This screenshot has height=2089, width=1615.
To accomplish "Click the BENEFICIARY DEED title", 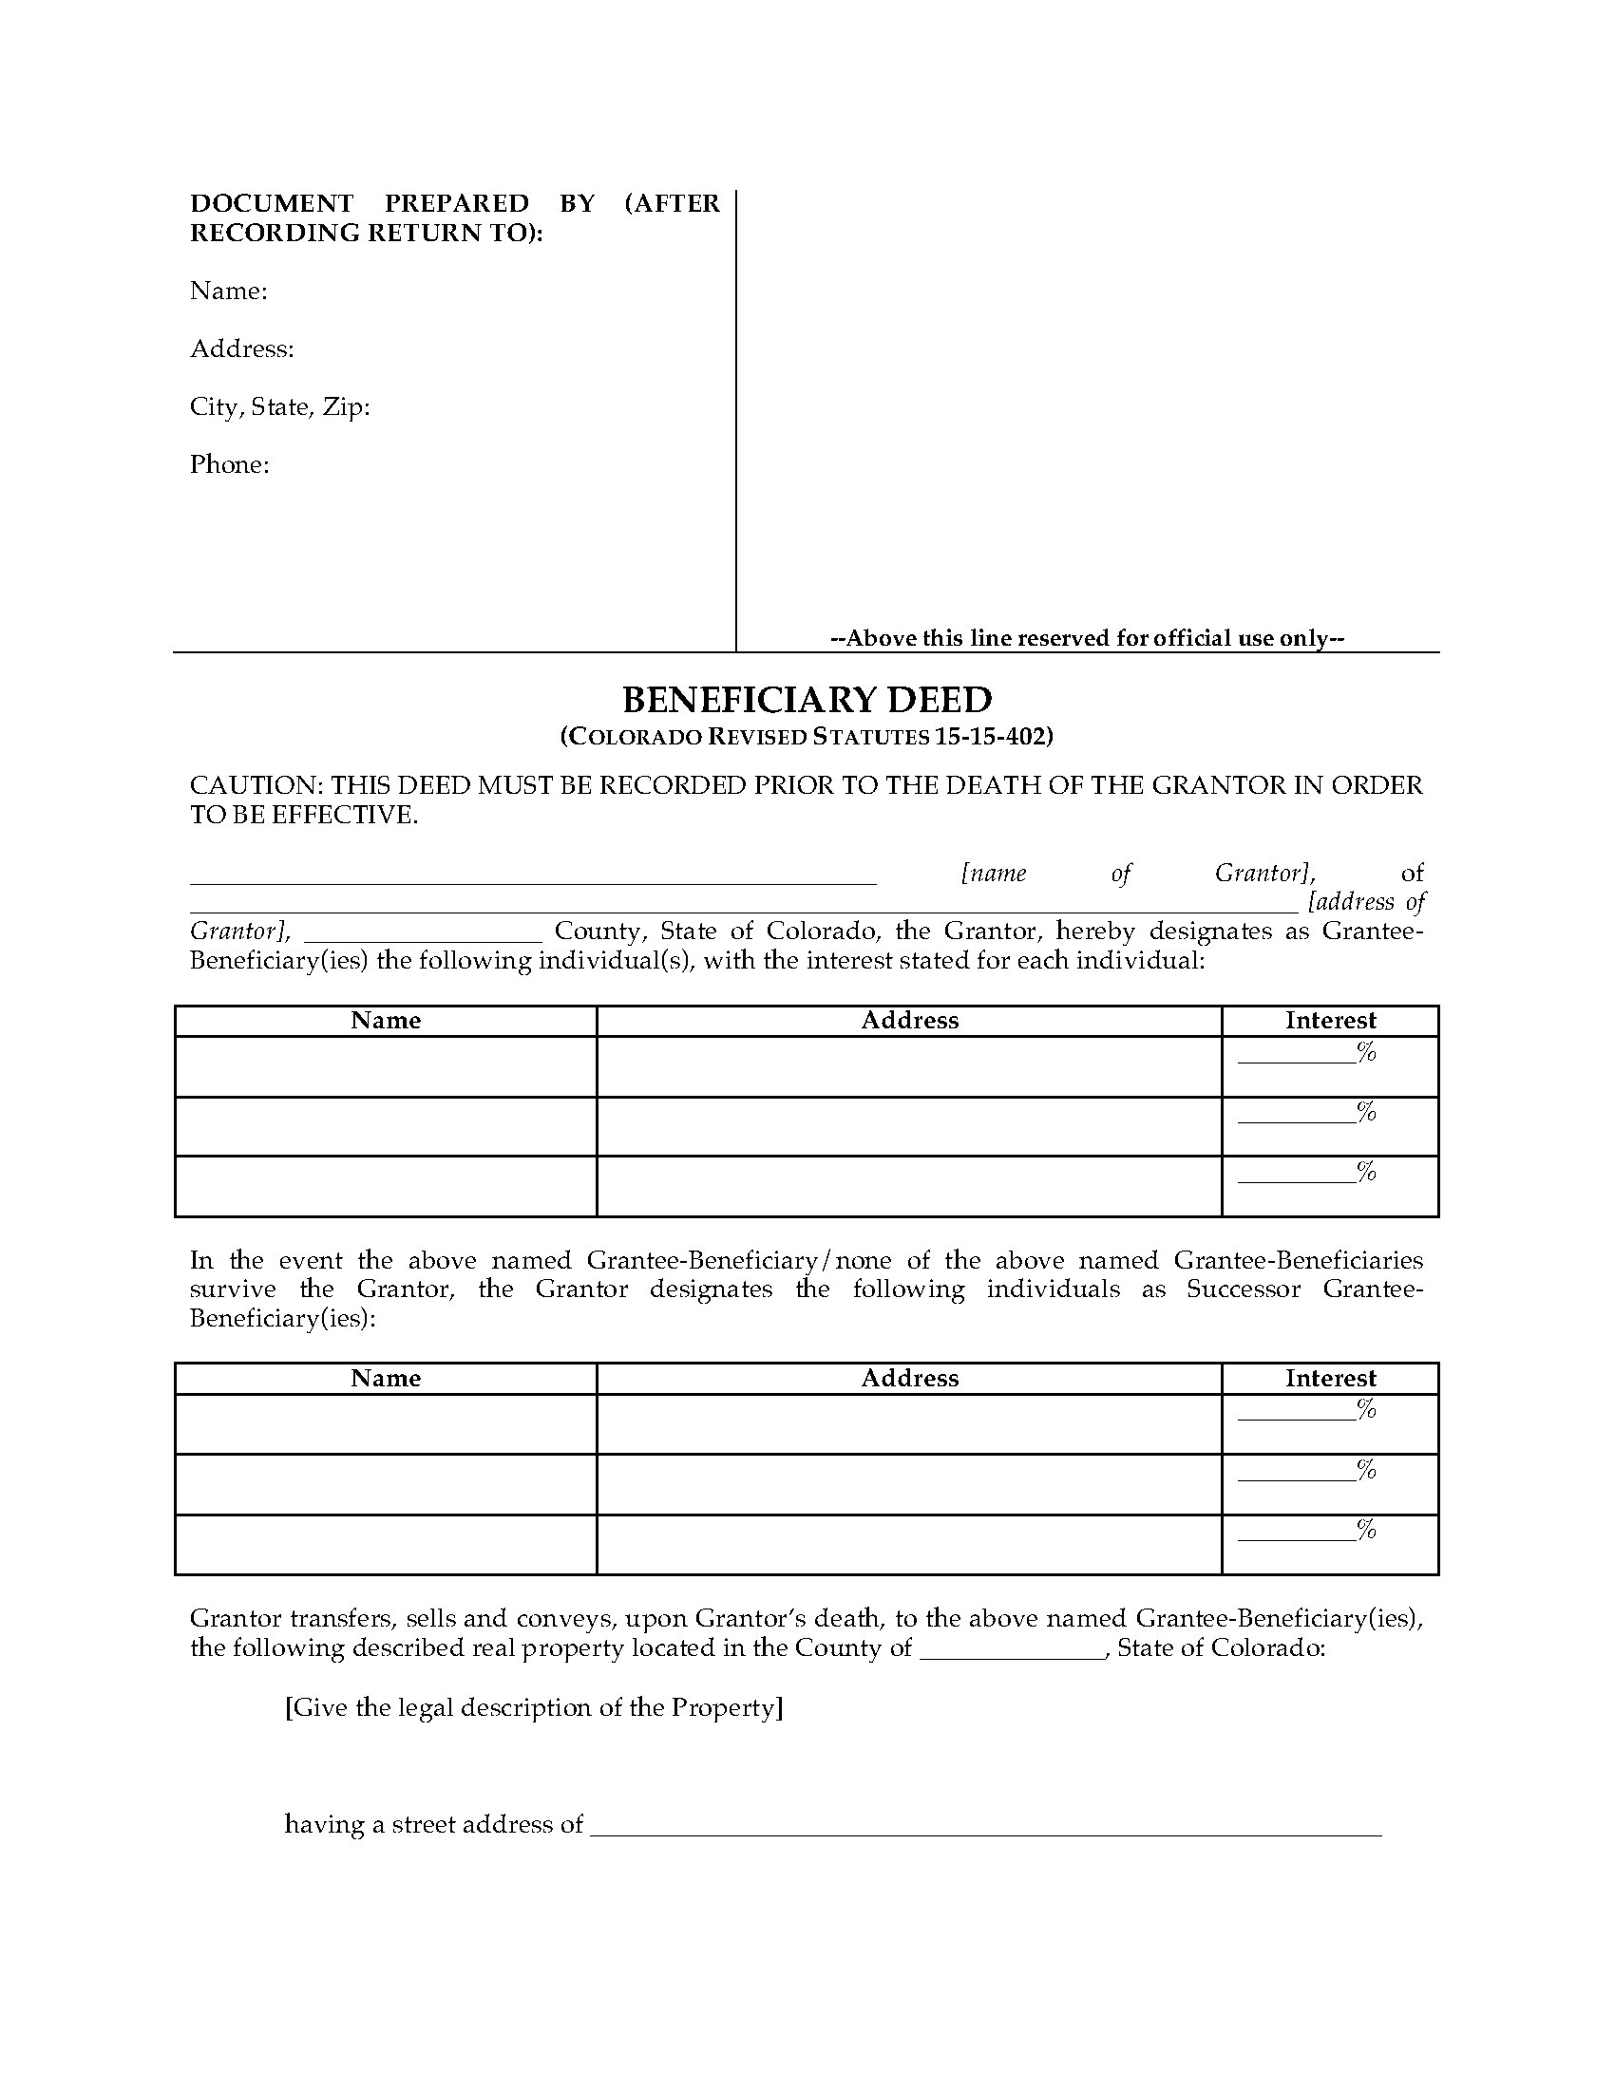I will pos(807,700).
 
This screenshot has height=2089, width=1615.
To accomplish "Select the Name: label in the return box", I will pos(229,291).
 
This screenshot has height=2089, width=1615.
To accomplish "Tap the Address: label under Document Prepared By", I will pos(242,348).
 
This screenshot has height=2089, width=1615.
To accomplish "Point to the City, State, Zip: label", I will pos(279,406).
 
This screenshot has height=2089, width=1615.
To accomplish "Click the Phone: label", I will pos(230,465).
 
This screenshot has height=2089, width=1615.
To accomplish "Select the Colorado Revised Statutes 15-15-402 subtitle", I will pos(807,737).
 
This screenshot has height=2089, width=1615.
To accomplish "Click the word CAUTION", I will pos(256,785).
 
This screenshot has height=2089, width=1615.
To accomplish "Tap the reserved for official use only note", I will pos(1087,638).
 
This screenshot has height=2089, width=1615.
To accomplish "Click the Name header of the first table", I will pos(386,1021).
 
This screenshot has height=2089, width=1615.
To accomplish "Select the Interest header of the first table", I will pos(1330,1021).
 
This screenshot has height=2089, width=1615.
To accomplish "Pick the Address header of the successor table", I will pos(909,1379).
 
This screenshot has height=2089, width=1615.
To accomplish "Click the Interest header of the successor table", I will pos(1330,1379).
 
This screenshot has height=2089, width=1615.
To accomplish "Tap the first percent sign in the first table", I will pos(1366,1052).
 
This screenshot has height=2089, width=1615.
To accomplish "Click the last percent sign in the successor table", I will pos(1366,1530).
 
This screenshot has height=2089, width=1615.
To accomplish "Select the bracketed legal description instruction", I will pos(534,1707).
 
